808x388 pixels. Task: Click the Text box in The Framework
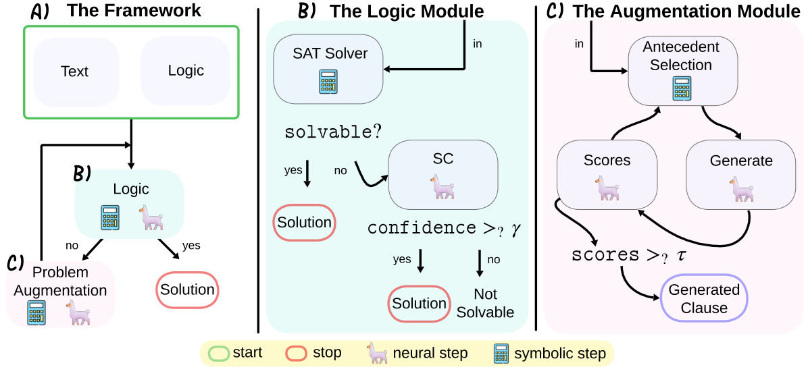point(76,71)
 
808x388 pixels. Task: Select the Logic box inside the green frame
point(185,71)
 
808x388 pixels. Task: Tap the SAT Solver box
point(328,68)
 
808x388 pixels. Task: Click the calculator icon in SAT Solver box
point(328,81)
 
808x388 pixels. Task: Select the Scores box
point(606,173)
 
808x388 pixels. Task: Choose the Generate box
point(741,173)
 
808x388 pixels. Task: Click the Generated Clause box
point(704,298)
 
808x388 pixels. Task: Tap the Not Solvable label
point(485,303)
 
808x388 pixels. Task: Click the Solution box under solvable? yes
point(304,223)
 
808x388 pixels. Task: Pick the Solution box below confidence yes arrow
point(419,304)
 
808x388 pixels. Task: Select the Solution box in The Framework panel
point(187,289)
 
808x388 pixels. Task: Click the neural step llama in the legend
point(377,352)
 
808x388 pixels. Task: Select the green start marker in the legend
point(218,352)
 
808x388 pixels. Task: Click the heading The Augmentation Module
point(686,11)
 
